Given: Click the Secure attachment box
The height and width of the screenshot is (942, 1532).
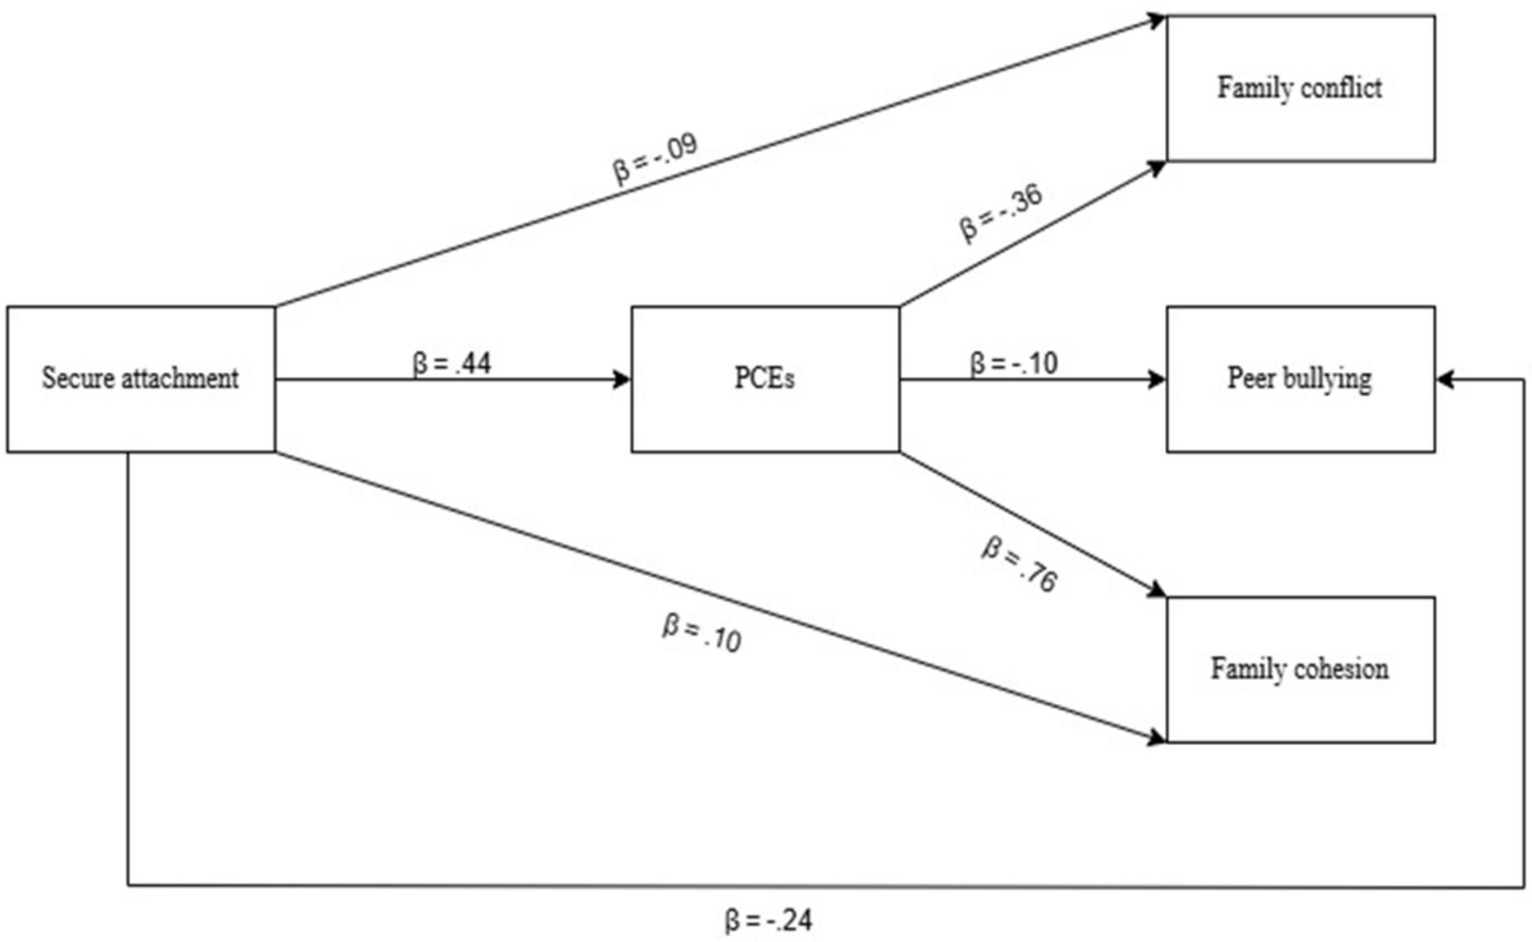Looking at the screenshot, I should click(x=140, y=379).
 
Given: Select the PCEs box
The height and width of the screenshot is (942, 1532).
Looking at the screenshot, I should click(x=765, y=379).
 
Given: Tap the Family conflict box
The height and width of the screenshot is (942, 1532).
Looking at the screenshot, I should click(x=1300, y=88).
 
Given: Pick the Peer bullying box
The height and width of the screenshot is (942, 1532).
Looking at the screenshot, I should click(x=1300, y=379).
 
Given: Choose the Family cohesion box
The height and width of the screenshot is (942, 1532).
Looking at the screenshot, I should click(x=1300, y=669).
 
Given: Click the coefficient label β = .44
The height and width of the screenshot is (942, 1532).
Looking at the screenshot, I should click(x=451, y=363).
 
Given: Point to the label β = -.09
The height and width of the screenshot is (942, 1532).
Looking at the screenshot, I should click(x=655, y=159).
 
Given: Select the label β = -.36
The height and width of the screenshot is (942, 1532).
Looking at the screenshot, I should click(x=1001, y=213).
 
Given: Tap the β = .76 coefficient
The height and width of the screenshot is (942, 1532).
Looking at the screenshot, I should click(x=1019, y=565).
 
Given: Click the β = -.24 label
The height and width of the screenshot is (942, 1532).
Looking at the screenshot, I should click(x=767, y=921).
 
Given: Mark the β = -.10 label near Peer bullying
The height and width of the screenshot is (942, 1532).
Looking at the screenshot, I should click(x=1013, y=363).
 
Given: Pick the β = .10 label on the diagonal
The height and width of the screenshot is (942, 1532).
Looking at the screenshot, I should click(x=702, y=633).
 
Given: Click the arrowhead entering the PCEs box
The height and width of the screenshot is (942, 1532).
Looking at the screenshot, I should click(x=621, y=380).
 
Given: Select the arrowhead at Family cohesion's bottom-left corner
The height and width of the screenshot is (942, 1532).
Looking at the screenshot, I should click(x=1155, y=738).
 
